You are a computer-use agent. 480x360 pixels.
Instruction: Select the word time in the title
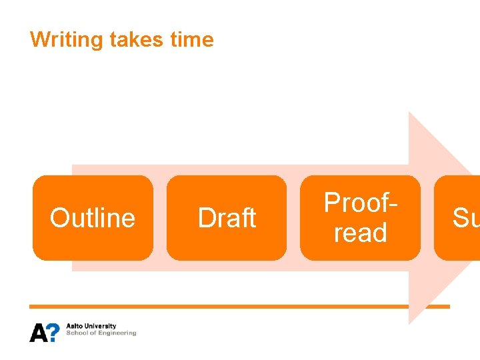click(x=192, y=40)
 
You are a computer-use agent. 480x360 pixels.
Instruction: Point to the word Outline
click(x=93, y=218)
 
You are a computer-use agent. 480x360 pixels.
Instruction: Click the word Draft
click(x=227, y=218)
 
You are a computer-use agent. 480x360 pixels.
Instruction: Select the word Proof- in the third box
click(x=361, y=202)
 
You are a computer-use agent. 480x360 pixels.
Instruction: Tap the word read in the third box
click(x=361, y=233)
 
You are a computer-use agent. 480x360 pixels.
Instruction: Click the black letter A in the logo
click(x=38, y=332)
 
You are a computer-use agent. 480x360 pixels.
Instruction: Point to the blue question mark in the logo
click(x=54, y=332)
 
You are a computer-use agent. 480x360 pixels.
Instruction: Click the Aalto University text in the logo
click(x=91, y=327)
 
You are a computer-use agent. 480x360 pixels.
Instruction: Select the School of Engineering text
click(x=101, y=333)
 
